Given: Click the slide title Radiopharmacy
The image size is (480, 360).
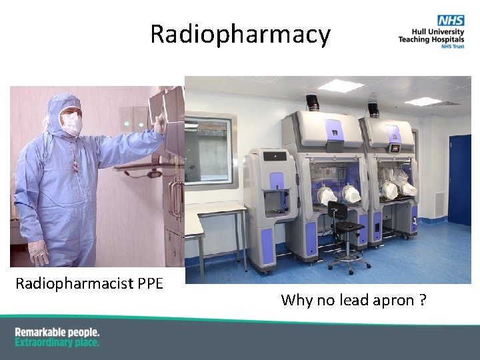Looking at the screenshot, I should [240, 34].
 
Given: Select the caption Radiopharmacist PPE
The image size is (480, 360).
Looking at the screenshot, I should [89, 283].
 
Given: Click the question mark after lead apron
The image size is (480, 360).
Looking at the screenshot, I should [423, 300].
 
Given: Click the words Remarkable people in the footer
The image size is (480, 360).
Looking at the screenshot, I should [57, 332].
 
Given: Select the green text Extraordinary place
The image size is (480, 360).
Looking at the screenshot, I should [57, 342].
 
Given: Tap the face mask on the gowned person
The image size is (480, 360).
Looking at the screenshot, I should [72, 123].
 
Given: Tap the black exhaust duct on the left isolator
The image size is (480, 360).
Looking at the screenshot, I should [312, 103].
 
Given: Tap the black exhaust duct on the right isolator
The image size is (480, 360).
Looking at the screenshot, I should [373, 108].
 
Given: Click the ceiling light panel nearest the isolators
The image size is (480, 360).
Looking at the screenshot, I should [340, 85].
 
